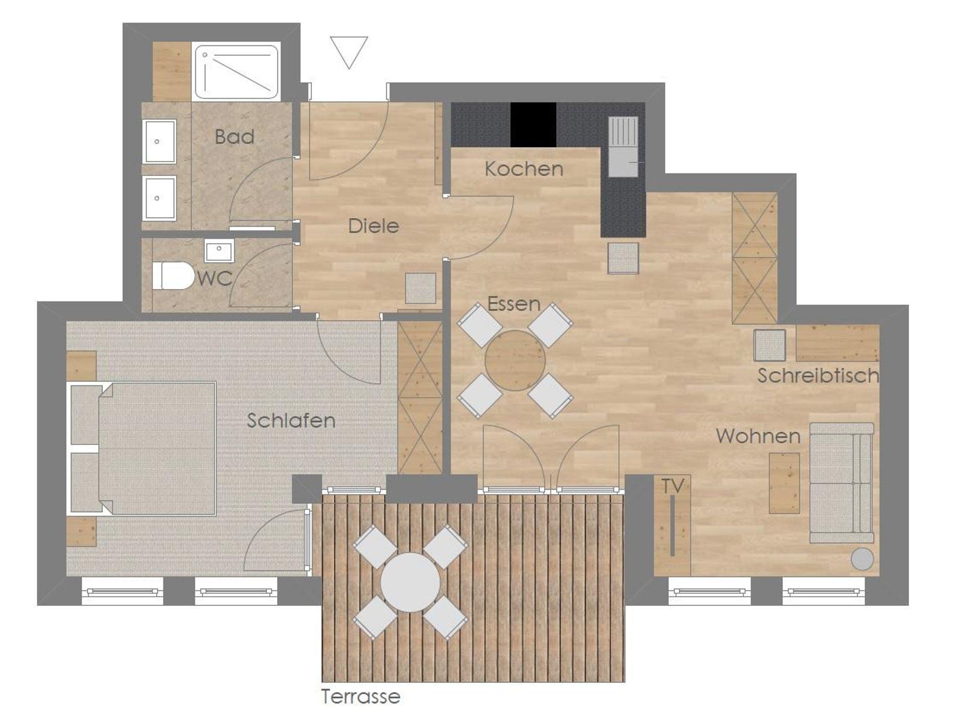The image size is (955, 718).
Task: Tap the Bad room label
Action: click(x=235, y=137)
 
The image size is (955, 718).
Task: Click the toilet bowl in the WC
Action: click(x=173, y=276)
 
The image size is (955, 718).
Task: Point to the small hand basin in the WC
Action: click(x=219, y=252)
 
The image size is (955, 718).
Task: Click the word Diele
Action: click(x=374, y=226)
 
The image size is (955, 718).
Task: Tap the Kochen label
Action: click(x=524, y=169)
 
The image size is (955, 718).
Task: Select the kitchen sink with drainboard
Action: click(x=623, y=147)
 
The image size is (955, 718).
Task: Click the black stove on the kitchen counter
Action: click(x=533, y=124)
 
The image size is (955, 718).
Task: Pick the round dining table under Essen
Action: click(x=515, y=360)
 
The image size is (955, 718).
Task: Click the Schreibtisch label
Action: click(x=818, y=376)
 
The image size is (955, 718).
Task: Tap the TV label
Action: click(x=672, y=486)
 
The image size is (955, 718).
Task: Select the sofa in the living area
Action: click(x=842, y=483)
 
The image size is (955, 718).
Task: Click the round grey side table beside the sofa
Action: click(x=862, y=559)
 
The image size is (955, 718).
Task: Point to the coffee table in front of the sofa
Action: click(x=784, y=483)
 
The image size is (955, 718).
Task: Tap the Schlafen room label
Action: click(x=291, y=421)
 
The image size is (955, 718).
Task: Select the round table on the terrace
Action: click(x=410, y=582)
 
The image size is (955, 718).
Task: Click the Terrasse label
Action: click(x=361, y=697)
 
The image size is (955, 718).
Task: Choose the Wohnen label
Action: click(x=758, y=436)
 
